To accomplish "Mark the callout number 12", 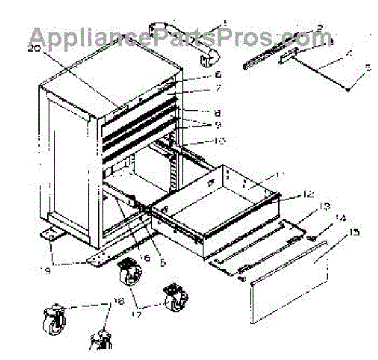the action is pos(292,195).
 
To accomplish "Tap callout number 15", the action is pos(354,233).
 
